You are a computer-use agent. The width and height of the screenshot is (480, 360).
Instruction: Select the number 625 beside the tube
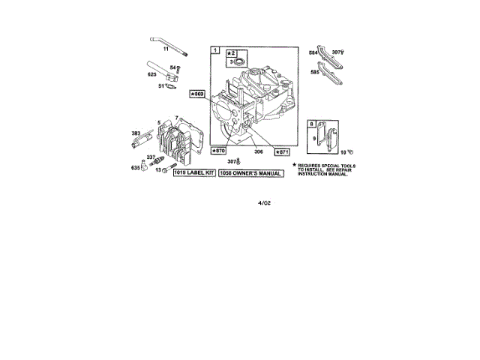(152, 74)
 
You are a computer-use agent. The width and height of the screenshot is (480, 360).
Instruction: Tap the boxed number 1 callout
(216, 51)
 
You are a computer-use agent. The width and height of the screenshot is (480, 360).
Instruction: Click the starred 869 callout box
(197, 94)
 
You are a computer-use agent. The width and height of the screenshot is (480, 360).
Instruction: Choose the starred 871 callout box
(282, 151)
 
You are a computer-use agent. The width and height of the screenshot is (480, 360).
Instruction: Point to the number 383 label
(136, 133)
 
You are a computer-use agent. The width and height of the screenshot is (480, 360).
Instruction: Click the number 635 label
(135, 168)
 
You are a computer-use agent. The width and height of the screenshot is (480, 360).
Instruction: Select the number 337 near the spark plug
(151, 157)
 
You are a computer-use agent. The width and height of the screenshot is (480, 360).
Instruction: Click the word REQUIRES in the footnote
(312, 164)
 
